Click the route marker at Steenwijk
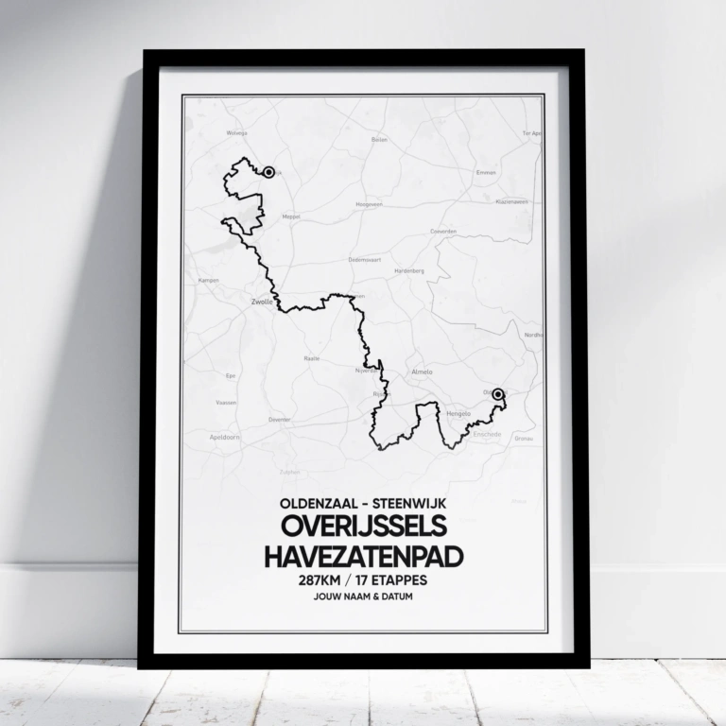tap(269, 172)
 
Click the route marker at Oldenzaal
tap(499, 393)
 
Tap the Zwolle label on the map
tap(261, 303)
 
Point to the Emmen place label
tap(486, 173)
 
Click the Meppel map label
tap(291, 216)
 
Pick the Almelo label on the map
tap(422, 372)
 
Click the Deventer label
tap(280, 419)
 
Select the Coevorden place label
tap(443, 231)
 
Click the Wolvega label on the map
tap(236, 133)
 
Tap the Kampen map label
tap(209, 280)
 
